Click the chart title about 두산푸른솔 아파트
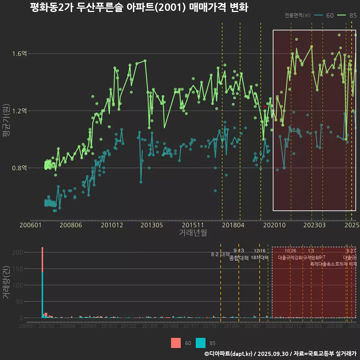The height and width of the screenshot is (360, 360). point(139,7)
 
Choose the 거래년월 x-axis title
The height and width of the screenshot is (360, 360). point(193,232)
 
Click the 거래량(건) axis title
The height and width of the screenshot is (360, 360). point(6,282)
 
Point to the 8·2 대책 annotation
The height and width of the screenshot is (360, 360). point(220,254)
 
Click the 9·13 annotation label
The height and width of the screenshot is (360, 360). point(238,251)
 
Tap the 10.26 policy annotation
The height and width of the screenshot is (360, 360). point(290,251)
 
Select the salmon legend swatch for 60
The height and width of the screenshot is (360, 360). point(175,343)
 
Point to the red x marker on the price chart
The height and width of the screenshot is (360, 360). point(265,106)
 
